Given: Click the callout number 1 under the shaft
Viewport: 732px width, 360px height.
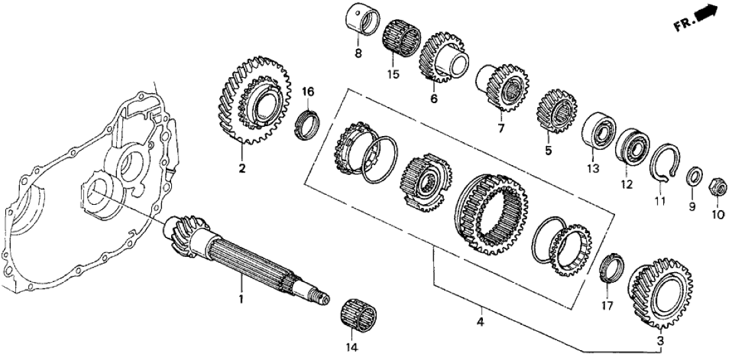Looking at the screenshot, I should coord(241,299).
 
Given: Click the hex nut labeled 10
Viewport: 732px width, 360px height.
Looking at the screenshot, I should coord(717,187).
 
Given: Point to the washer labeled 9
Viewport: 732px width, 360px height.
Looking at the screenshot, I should coord(694,178).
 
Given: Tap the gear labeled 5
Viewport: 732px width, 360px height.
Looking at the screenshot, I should coord(558,113).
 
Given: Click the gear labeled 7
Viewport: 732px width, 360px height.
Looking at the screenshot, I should coord(507,87).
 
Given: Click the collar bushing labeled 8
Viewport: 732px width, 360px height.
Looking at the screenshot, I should coord(361,22).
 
